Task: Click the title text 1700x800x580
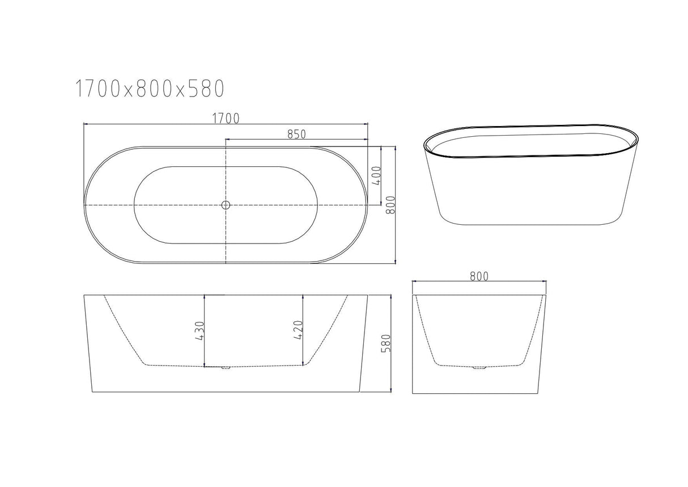click(x=150, y=89)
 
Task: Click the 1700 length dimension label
click(x=226, y=118)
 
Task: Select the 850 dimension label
click(x=296, y=134)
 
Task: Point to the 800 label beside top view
click(x=390, y=205)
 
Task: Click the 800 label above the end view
click(x=479, y=276)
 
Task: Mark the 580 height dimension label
click(x=386, y=343)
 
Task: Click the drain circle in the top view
click(x=226, y=205)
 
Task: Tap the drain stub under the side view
click(x=226, y=368)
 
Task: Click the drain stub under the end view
click(x=479, y=368)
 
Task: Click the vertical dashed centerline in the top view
click(x=226, y=238)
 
